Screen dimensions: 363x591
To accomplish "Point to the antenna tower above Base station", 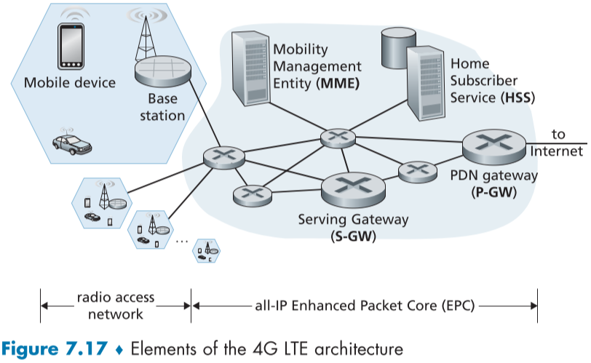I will (144, 36).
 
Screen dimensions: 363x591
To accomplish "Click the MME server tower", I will (245, 68).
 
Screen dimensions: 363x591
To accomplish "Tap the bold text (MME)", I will (339, 83).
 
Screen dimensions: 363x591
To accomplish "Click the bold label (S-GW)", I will (352, 236).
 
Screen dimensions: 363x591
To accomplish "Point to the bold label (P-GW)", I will (493, 193).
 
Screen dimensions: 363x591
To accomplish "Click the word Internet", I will (557, 151).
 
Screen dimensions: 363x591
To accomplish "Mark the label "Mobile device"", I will (70, 82).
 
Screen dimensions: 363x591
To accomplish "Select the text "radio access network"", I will (116, 307).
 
